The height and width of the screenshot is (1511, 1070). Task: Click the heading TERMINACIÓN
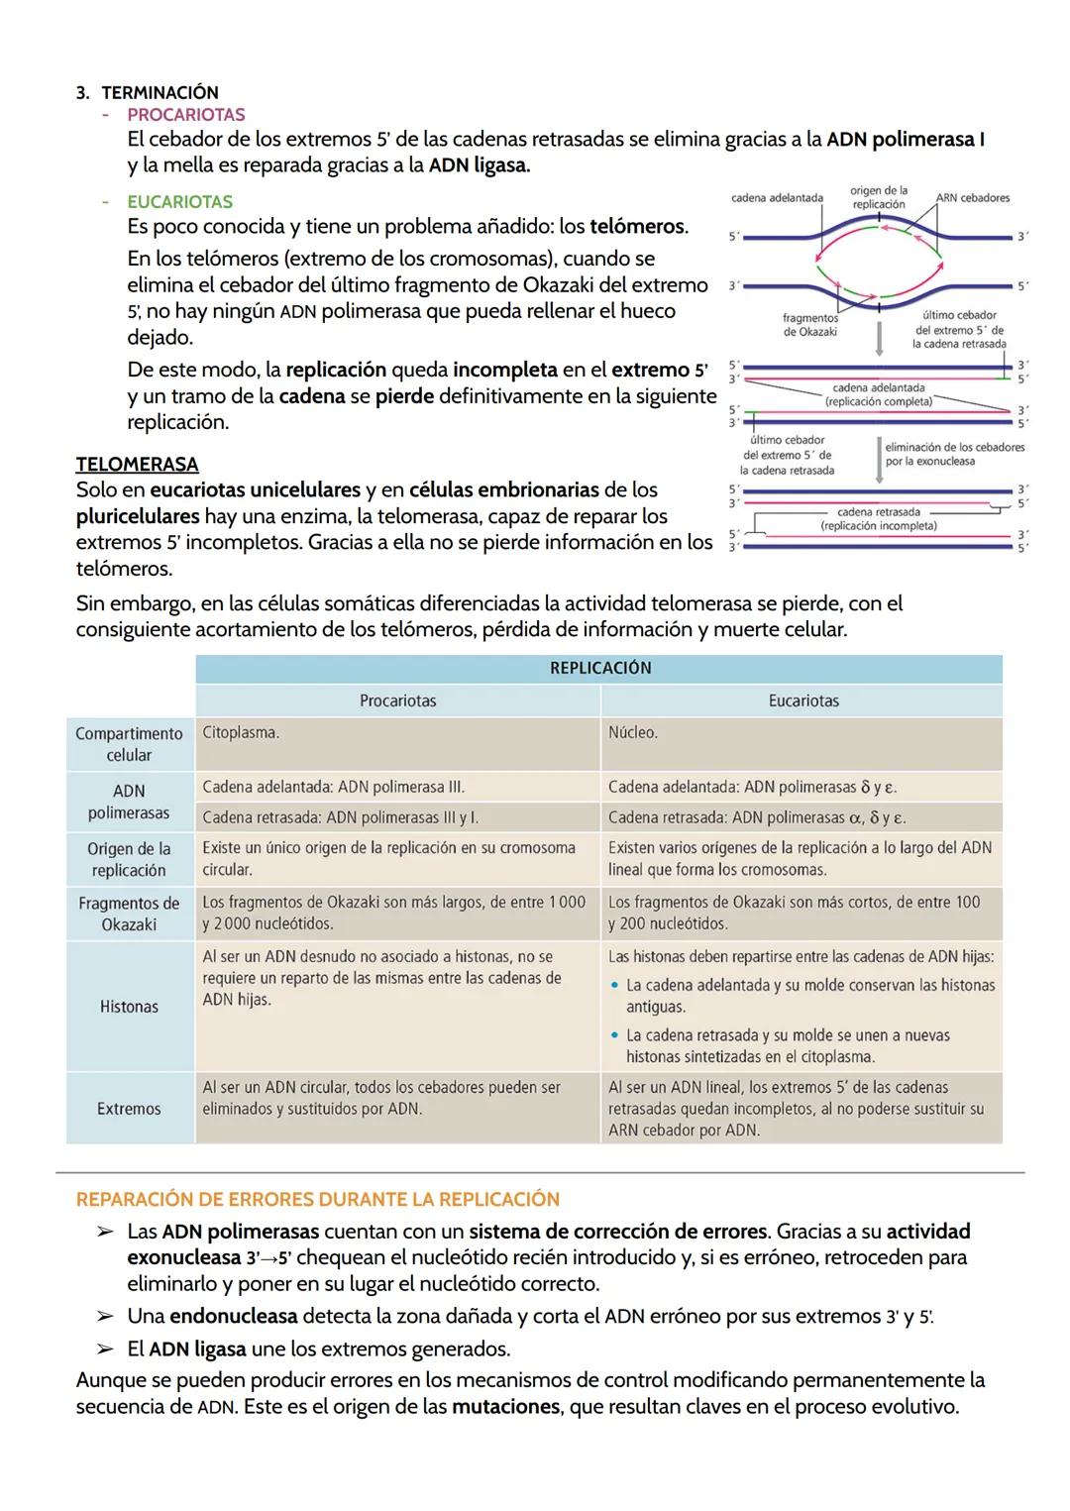click(x=160, y=92)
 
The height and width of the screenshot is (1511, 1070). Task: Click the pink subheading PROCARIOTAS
click(x=186, y=115)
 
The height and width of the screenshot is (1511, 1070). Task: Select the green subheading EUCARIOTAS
click(x=179, y=202)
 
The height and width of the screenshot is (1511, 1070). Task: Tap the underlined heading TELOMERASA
click(x=137, y=464)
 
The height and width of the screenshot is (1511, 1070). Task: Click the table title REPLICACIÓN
click(x=599, y=668)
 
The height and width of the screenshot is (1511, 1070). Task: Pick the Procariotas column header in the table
click(x=397, y=701)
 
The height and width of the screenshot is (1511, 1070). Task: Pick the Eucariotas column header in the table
click(x=802, y=701)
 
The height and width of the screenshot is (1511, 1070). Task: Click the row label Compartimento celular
click(x=129, y=744)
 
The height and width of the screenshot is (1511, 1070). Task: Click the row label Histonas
click(x=129, y=1007)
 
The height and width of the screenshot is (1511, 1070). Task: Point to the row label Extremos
click(x=129, y=1109)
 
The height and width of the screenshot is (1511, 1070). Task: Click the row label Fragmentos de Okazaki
click(x=129, y=914)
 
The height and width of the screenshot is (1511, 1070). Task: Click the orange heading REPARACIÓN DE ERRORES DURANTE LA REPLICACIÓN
click(x=318, y=1199)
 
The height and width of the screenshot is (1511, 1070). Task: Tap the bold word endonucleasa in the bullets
click(x=233, y=1317)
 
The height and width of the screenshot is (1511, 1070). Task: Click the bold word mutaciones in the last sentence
click(x=507, y=1407)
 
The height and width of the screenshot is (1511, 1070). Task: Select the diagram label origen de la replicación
click(x=878, y=197)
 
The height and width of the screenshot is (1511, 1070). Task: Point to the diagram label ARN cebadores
click(x=972, y=198)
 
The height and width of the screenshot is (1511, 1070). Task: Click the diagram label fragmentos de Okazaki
click(x=809, y=325)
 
